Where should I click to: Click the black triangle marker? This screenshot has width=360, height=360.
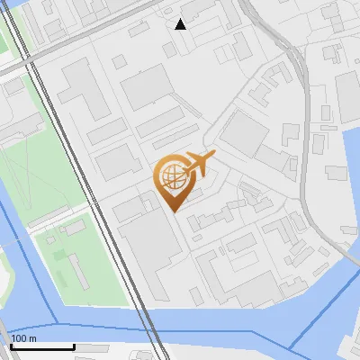(x=180, y=24)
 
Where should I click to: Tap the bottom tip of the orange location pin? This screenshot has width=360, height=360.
(x=175, y=210)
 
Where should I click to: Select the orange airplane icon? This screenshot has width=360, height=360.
(x=199, y=163)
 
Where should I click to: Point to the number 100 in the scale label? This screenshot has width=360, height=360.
(x=17, y=337)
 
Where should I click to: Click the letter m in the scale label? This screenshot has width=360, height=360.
(x=31, y=337)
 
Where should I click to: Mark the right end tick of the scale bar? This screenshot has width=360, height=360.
(x=74, y=345)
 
